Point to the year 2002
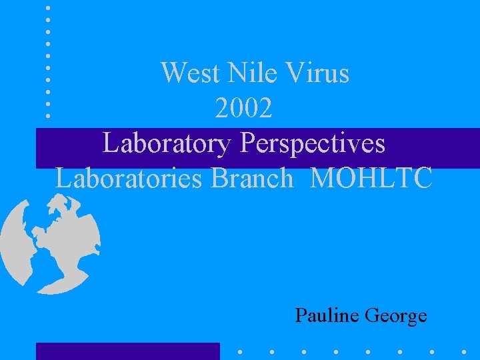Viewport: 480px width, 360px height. point(244,108)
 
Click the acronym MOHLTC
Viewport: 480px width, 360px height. point(371,178)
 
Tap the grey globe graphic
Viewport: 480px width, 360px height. point(50,243)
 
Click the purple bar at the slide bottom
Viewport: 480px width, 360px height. point(127,351)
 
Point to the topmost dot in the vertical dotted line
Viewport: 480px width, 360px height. point(48,8)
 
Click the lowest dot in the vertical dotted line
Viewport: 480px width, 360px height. point(48,115)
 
